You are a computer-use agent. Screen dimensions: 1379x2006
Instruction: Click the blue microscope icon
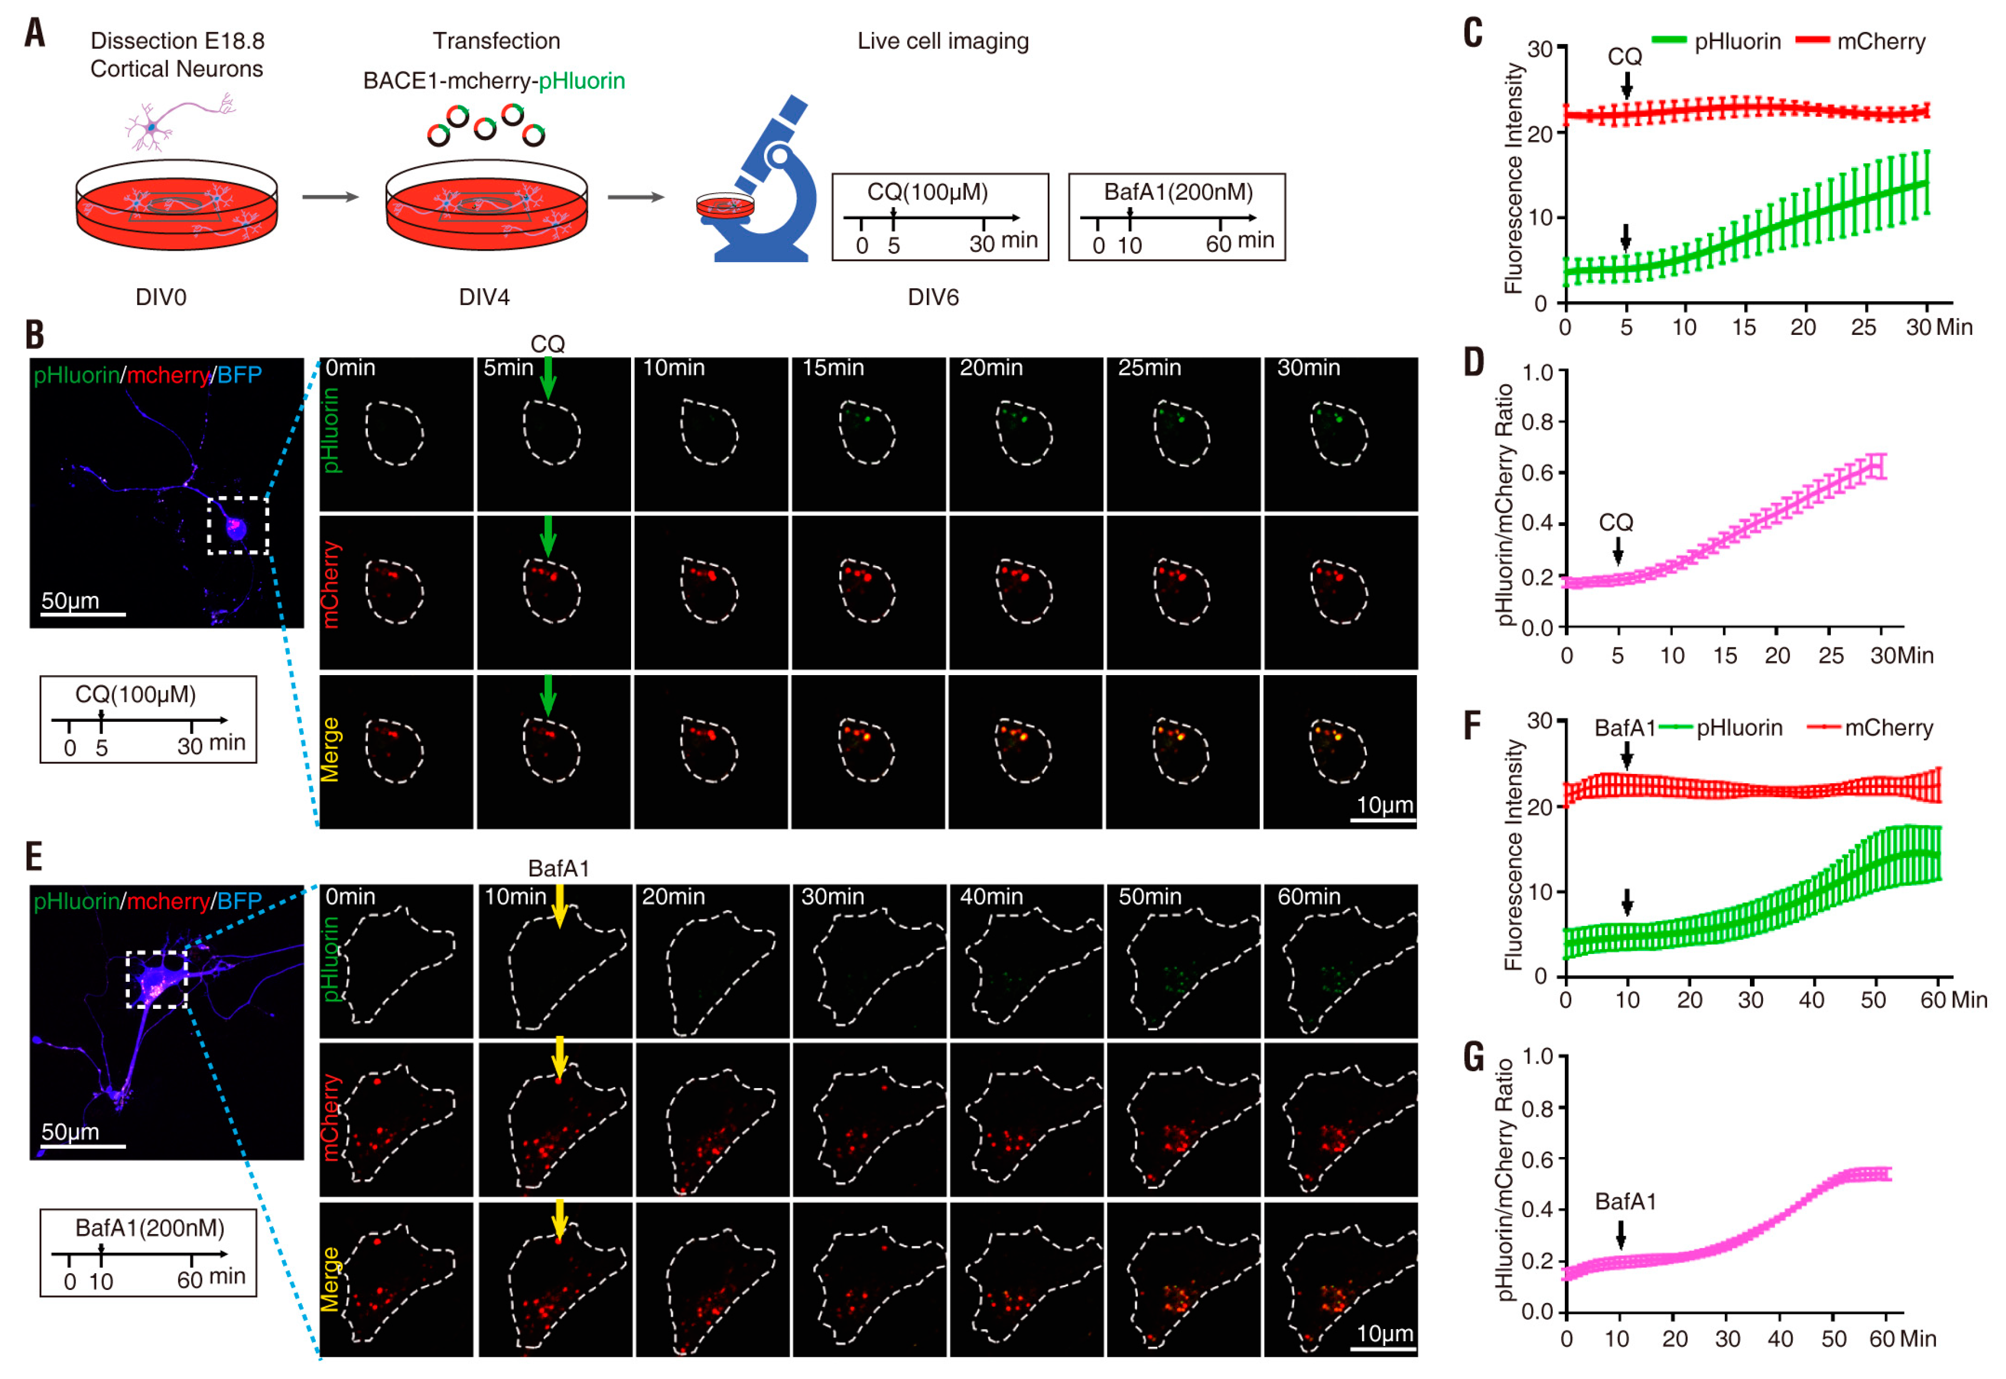click(765, 186)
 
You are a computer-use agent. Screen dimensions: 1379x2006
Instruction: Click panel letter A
click(35, 33)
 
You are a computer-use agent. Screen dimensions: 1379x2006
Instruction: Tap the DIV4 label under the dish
click(484, 297)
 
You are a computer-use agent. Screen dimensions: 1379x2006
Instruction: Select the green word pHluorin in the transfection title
click(582, 81)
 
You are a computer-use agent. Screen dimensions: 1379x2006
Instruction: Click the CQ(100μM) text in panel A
click(927, 192)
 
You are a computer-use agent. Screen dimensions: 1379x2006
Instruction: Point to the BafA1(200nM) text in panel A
click(1177, 192)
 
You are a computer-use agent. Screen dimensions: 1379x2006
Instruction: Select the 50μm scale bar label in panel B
click(70, 601)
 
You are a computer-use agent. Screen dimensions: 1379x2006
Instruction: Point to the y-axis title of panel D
click(1505, 504)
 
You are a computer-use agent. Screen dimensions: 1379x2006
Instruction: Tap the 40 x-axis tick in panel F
click(1812, 1001)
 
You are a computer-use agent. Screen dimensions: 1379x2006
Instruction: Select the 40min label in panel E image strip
click(991, 897)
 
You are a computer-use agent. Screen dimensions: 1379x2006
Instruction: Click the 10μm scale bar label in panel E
click(1384, 1333)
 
